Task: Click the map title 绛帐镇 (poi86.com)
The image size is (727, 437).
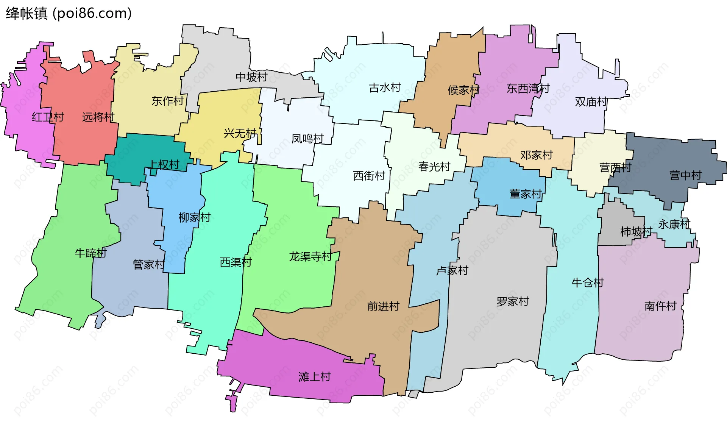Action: pos(69,13)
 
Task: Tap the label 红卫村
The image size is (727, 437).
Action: pos(48,117)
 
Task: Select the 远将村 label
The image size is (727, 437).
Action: pos(98,117)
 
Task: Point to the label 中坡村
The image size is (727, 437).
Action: pos(251,77)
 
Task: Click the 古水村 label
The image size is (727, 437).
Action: pos(385,88)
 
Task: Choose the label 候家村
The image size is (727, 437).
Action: pos(463,90)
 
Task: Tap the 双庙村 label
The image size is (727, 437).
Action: pos(591,102)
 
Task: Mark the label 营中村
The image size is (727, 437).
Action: pos(685,175)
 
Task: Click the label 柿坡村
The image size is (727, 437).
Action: pos(636,231)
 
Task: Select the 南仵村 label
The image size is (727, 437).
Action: pos(660,306)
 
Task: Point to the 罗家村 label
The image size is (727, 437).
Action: pos(512,302)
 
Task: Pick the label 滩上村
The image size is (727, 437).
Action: pos(314,377)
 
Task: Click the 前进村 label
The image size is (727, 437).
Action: pos(383,306)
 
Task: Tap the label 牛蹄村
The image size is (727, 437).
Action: pos(90,253)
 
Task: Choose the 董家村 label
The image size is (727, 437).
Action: pos(526,194)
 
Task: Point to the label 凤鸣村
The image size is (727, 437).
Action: pos(307,139)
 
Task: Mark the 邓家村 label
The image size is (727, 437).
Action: pos(536,155)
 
